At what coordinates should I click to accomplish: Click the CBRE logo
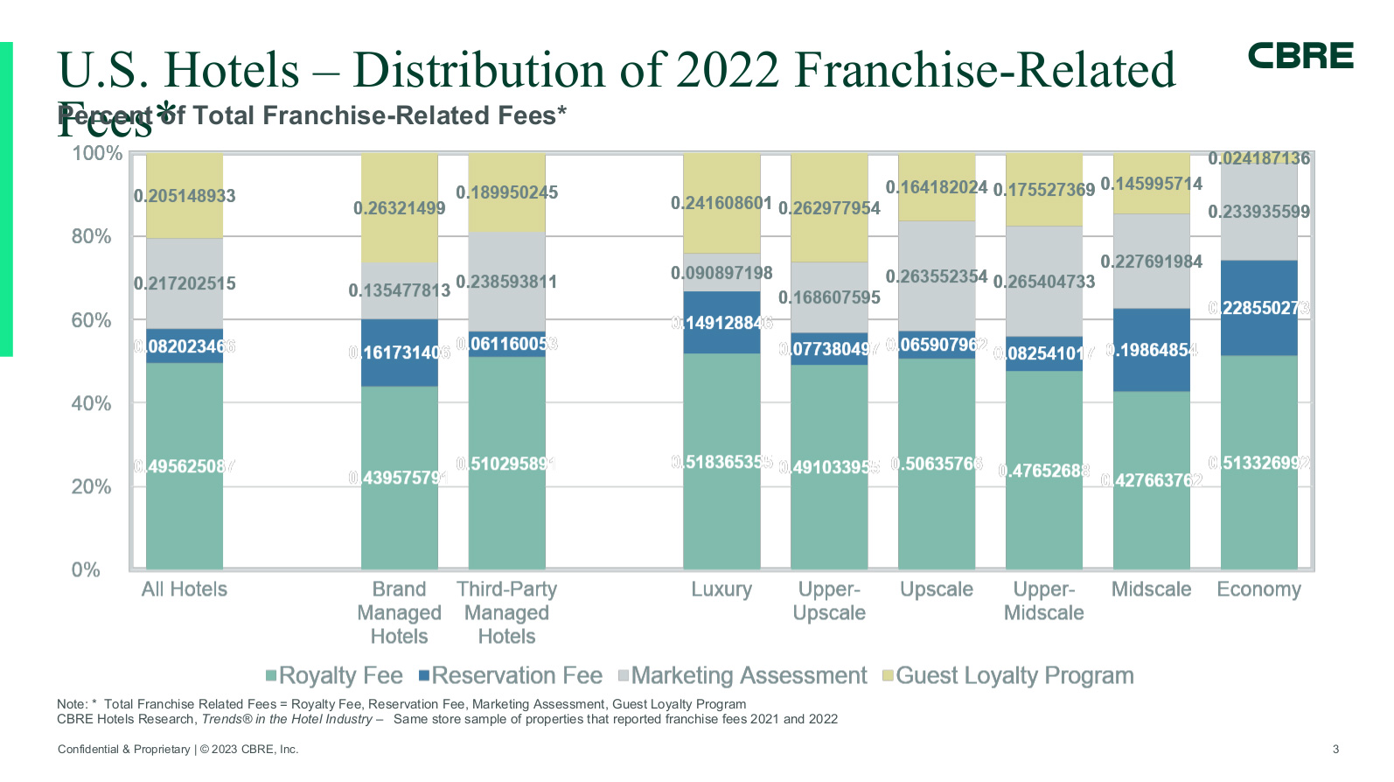1300,56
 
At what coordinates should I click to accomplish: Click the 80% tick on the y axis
91,236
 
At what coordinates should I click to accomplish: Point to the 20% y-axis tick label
91,486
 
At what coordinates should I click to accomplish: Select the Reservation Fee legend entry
511,675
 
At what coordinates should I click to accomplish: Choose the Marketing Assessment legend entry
742,675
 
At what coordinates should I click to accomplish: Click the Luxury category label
721,590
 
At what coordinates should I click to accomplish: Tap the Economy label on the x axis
1258,590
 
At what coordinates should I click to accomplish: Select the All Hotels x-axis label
185,590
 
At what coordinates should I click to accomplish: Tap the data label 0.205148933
185,196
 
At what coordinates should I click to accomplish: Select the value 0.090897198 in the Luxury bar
721,273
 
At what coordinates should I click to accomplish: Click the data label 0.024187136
1258,158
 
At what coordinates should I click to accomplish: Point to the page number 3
1335,749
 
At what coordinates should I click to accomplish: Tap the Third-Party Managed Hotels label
506,612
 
